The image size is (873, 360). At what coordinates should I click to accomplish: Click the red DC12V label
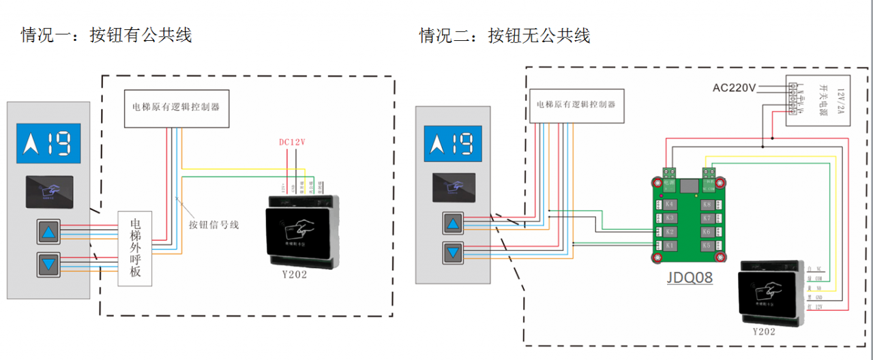(291, 142)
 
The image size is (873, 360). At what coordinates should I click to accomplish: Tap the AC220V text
(734, 87)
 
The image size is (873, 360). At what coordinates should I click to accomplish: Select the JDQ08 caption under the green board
(690, 277)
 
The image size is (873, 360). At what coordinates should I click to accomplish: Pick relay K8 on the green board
(707, 205)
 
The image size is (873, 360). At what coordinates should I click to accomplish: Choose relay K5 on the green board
(707, 245)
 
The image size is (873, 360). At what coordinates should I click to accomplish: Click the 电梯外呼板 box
(135, 248)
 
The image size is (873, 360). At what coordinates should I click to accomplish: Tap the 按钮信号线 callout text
(213, 224)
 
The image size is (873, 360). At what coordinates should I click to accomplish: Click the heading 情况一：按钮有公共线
(106, 35)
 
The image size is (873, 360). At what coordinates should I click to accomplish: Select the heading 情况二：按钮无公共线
(504, 35)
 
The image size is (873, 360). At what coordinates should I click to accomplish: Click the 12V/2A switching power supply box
(818, 101)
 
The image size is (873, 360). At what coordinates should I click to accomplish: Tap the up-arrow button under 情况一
(48, 232)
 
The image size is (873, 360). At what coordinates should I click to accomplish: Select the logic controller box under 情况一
(176, 108)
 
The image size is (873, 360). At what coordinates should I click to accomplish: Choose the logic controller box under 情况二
(576, 105)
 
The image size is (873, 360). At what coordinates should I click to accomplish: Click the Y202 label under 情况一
(294, 275)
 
